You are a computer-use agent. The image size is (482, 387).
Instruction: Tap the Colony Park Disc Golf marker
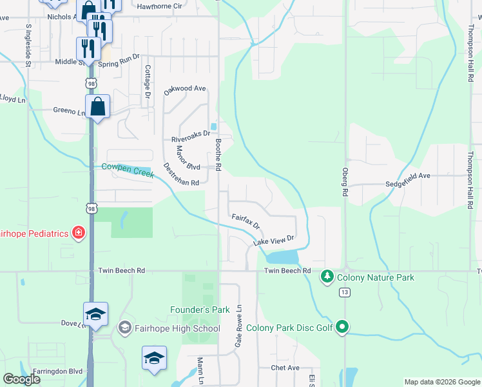tap(343, 328)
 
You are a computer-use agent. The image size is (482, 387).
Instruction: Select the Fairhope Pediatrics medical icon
tap(79, 233)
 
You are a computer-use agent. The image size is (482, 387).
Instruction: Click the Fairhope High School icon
tap(124, 328)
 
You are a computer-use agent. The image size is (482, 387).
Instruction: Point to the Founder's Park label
tap(200, 310)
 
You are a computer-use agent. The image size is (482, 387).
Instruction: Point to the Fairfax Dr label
tap(246, 222)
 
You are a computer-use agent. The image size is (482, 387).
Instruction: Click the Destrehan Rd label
tap(181, 174)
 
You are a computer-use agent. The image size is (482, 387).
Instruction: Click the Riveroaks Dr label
tap(190, 137)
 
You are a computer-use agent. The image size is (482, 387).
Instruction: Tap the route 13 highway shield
tap(345, 293)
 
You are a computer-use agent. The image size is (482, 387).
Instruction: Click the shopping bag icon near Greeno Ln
tap(97, 106)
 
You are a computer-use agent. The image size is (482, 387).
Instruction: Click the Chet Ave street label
tap(285, 368)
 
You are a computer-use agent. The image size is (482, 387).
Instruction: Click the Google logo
tap(21, 379)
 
